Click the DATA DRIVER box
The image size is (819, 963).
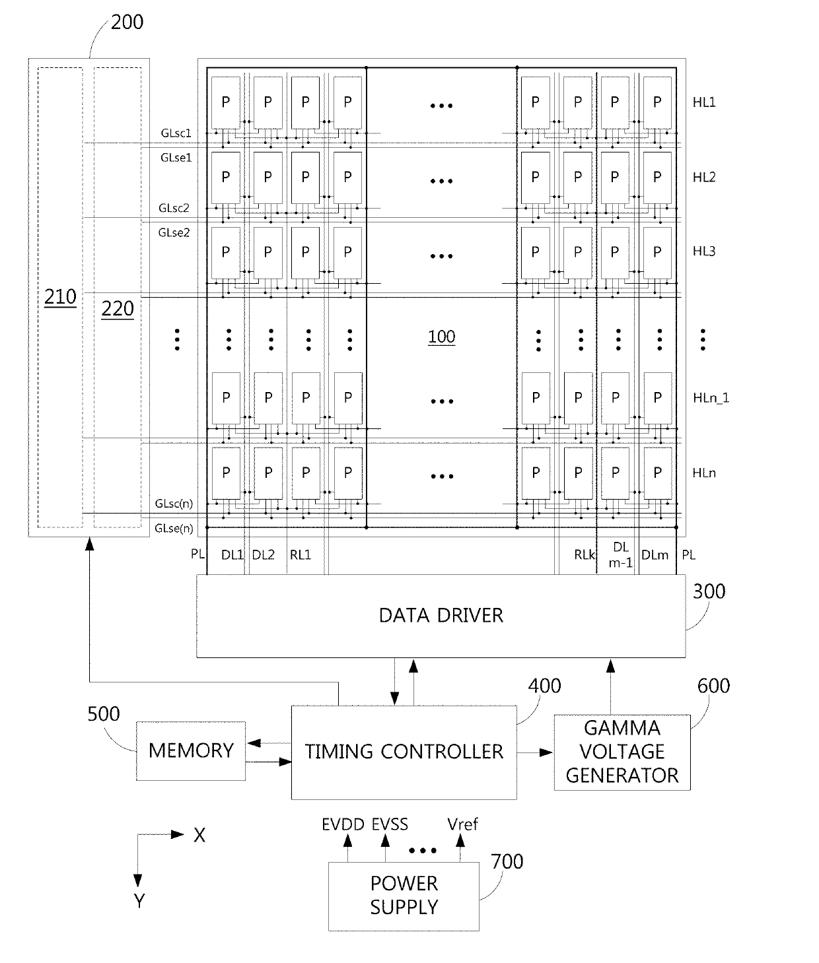(441, 615)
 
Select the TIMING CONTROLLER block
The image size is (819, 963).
(404, 752)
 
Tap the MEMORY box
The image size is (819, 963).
(191, 750)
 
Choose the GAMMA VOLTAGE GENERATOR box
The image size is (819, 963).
(622, 752)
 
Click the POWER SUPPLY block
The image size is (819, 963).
(404, 896)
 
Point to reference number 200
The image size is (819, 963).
(127, 22)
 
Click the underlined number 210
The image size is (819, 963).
(60, 297)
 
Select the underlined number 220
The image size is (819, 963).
(118, 309)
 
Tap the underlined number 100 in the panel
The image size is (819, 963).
(441, 337)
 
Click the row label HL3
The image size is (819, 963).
(704, 251)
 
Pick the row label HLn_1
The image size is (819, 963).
(711, 398)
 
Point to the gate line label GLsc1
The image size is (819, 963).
(176, 133)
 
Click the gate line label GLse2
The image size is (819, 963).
(174, 232)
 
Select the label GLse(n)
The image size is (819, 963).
(174, 528)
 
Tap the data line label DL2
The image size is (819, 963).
(264, 555)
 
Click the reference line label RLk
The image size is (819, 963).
(585, 555)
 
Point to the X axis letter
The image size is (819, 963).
(199, 836)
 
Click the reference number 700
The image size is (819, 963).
(507, 861)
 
